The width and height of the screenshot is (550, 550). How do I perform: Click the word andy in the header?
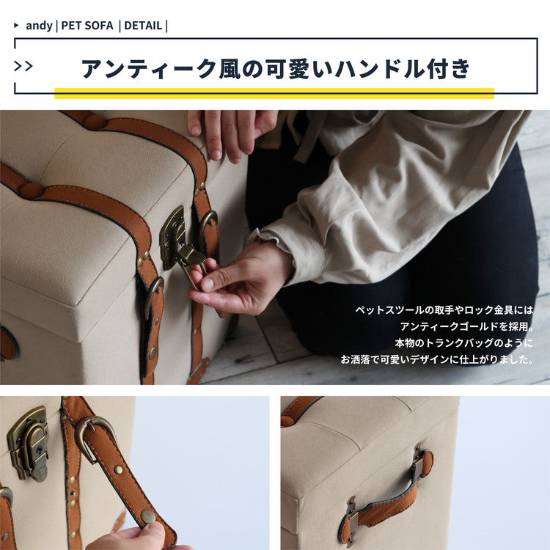click(39, 26)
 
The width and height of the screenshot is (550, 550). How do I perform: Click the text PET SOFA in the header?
click(87, 26)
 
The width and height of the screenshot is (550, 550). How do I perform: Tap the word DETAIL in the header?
click(143, 26)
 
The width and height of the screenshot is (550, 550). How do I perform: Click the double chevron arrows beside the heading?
click(23, 67)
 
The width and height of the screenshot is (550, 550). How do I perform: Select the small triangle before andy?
click(17, 26)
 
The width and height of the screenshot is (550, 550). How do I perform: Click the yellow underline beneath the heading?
click(274, 93)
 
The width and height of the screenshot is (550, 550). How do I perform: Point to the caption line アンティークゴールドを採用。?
click(466, 326)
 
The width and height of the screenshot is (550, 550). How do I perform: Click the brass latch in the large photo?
click(177, 239)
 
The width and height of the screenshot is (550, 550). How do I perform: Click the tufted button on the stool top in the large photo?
click(31, 191)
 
